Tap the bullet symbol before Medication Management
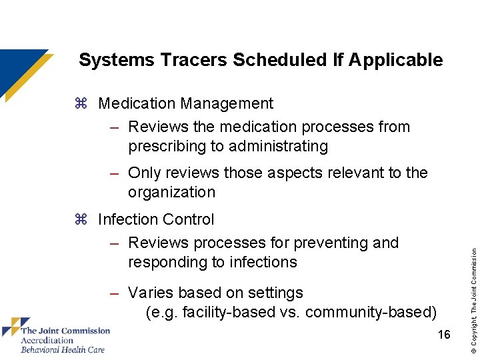pyautogui.click(x=81, y=104)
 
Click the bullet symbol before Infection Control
pyautogui.click(x=81, y=220)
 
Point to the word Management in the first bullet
pyautogui.click(x=227, y=103)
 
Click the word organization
pyautogui.click(x=171, y=193)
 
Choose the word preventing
pyautogui.click(x=319, y=243)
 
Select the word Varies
pyautogui.click(x=150, y=293)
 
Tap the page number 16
pyautogui.click(x=443, y=335)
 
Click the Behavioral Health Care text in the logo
pyautogui.click(x=63, y=349)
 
